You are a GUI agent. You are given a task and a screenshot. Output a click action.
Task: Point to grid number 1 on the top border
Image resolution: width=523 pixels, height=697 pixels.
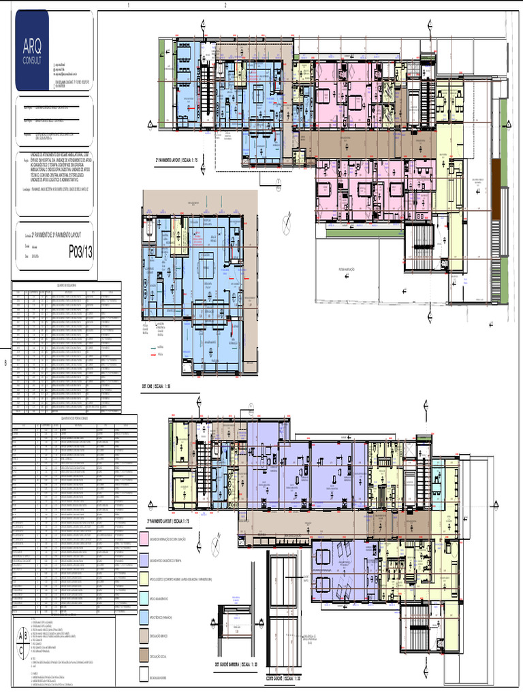pyautogui.click(x=128, y=4)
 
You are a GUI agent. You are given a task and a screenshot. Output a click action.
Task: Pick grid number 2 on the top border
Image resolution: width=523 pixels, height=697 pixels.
pyautogui.click(x=225, y=4)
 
